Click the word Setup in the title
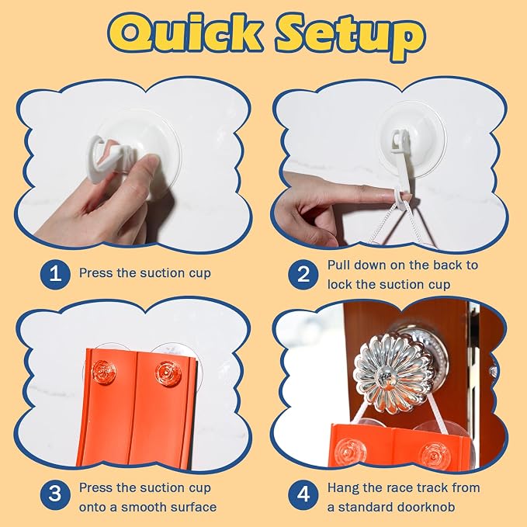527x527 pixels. [350, 36]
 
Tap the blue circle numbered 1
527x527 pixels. [55, 273]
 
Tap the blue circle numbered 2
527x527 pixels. [303, 274]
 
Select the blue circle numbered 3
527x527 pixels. [55, 494]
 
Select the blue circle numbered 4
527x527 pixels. [303, 494]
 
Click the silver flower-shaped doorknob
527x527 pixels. [394, 374]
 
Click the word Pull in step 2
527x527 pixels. [338, 265]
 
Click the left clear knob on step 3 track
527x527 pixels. [104, 373]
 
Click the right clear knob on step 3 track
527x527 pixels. [168, 374]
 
